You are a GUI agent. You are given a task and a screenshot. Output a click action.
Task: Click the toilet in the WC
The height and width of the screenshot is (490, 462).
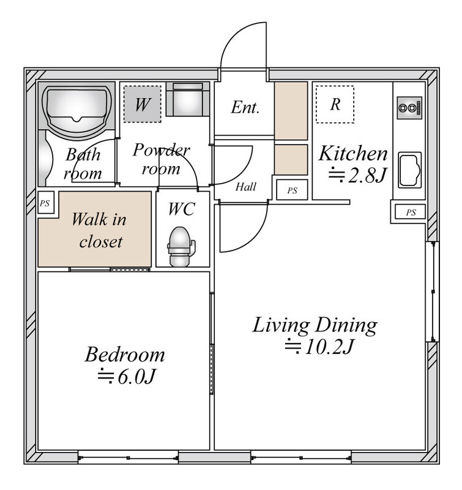(x=181, y=247)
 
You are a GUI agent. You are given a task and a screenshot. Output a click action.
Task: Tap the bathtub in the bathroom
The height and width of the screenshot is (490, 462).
(x=76, y=110)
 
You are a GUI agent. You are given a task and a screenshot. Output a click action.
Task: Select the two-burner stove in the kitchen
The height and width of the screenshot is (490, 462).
(x=409, y=108)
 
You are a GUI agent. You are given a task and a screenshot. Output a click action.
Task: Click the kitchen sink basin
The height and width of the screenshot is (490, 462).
(x=410, y=170)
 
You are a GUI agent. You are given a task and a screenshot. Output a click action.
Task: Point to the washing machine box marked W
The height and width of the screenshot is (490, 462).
(x=143, y=104)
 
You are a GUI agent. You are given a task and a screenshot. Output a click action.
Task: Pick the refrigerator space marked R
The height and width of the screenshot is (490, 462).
(x=335, y=104)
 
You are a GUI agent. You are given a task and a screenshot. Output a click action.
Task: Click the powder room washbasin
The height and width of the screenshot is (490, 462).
(x=188, y=99)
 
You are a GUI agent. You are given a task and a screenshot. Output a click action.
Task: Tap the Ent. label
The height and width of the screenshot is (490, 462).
(x=245, y=107)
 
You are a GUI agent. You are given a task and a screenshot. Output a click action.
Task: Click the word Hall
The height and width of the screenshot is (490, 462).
(x=245, y=187)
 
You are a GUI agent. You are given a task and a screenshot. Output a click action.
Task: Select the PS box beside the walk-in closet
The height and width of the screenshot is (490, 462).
(x=46, y=203)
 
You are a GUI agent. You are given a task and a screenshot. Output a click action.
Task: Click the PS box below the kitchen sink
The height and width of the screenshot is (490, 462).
(x=410, y=212)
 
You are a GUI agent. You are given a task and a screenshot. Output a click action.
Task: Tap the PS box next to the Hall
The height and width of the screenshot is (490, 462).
(x=292, y=190)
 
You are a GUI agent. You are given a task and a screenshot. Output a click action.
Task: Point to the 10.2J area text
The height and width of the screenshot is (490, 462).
(x=319, y=347)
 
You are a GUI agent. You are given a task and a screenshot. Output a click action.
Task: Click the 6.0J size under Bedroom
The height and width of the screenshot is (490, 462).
(x=126, y=377)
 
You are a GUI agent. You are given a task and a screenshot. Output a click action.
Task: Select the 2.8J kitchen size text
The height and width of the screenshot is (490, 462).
(x=358, y=175)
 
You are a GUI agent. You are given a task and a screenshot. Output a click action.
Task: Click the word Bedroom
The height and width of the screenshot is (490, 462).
(x=125, y=355)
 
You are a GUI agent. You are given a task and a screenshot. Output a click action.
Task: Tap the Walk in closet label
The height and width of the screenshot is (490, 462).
(x=100, y=230)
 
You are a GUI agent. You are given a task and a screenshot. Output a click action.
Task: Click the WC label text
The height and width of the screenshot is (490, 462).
(x=182, y=209)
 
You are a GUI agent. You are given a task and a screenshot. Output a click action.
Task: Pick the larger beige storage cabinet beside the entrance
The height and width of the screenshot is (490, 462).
(x=291, y=111)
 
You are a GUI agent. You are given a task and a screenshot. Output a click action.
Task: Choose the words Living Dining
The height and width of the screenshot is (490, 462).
(x=315, y=326)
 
